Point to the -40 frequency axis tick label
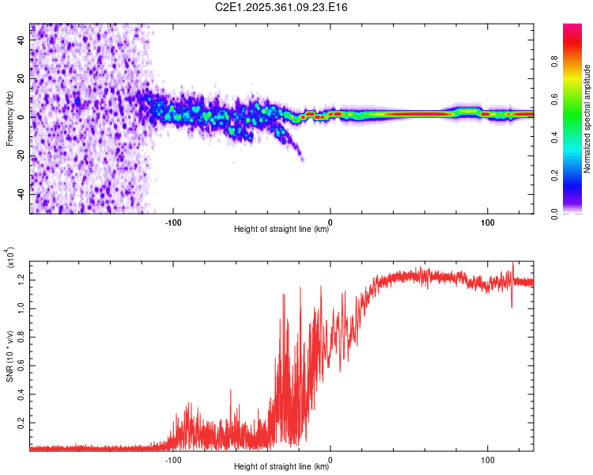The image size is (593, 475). (x=19, y=194)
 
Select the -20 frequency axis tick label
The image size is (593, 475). (x=19, y=156)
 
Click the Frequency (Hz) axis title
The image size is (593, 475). (x=9, y=118)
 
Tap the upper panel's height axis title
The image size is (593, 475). (x=281, y=230)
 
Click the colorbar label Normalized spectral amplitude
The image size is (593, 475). (x=587, y=119)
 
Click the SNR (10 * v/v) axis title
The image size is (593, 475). (x=9, y=356)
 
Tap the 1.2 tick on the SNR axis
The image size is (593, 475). (x=21, y=278)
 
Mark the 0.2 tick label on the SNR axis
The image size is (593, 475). (x=21, y=424)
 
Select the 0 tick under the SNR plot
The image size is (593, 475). (x=330, y=458)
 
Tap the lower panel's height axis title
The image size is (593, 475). (x=281, y=467)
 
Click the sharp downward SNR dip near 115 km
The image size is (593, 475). (x=512, y=306)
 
